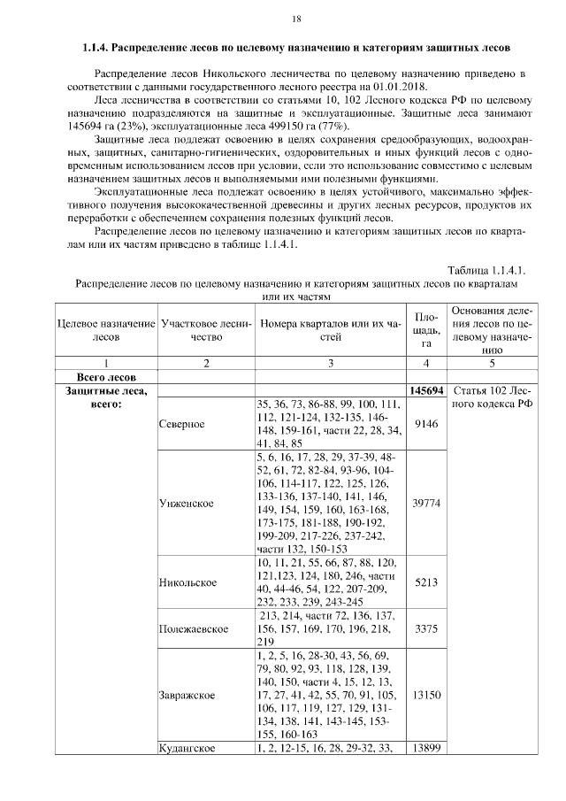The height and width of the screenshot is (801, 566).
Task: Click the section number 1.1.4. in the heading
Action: click(x=93, y=45)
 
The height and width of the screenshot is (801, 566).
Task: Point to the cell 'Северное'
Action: click(x=182, y=423)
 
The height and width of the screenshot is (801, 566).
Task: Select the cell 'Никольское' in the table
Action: click(x=187, y=582)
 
